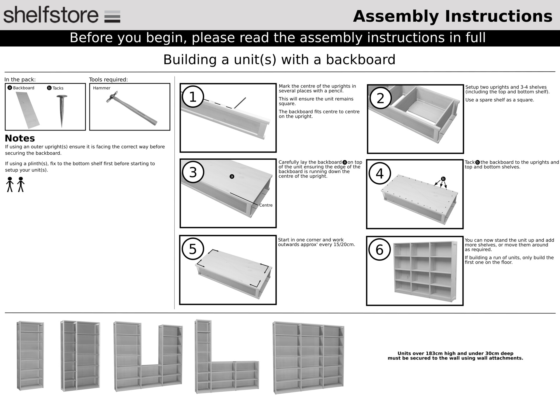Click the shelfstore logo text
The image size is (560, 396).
(51, 15)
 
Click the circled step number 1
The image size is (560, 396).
(193, 97)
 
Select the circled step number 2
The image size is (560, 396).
(380, 98)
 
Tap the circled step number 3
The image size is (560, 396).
(193, 172)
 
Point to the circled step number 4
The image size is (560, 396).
(379, 173)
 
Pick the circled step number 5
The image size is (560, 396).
(192, 249)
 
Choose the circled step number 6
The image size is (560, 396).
(379, 250)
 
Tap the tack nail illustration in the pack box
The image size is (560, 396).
(62, 111)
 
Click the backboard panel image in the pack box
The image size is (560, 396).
(27, 110)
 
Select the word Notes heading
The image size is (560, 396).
(20, 138)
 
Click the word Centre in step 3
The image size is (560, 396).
(266, 205)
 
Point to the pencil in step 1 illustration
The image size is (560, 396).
(240, 103)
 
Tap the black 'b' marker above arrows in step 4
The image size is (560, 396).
(443, 179)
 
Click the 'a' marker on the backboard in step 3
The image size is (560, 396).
(232, 176)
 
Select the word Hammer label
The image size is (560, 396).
(101, 88)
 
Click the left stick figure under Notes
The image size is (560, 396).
(10, 184)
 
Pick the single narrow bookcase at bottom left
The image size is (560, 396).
(30, 355)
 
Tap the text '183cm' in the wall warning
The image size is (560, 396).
(435, 353)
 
